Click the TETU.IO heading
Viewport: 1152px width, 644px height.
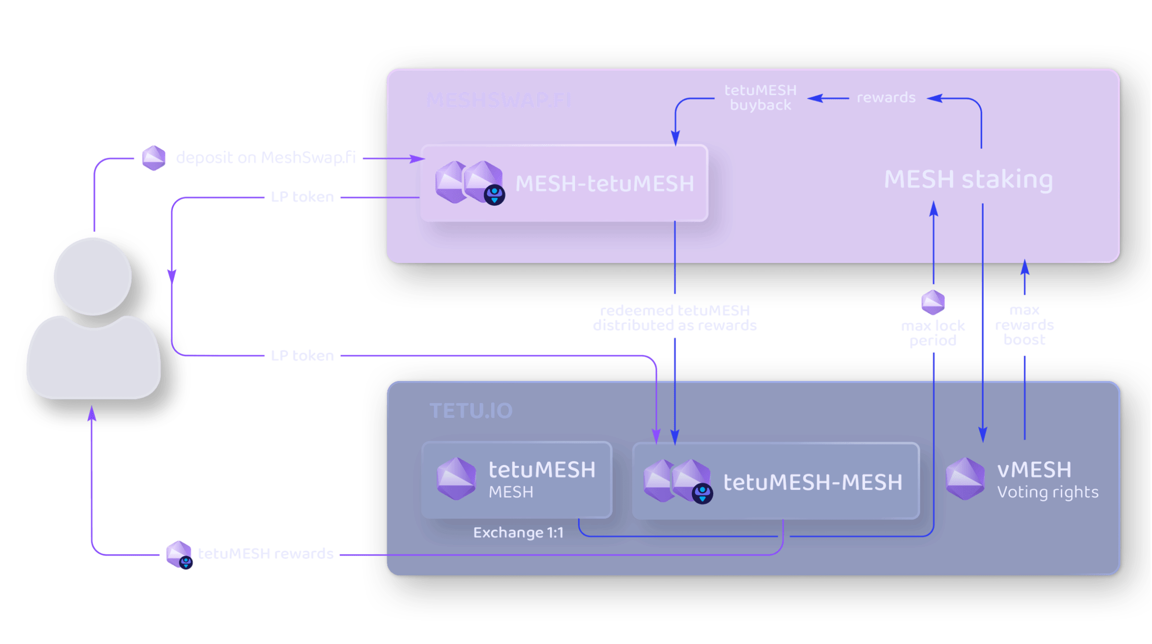coord(471,411)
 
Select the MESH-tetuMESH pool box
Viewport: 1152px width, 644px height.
coord(564,183)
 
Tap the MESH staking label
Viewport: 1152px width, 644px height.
coord(968,180)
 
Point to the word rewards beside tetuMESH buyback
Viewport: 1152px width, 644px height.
coord(886,98)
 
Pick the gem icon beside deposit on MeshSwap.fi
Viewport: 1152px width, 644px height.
coord(154,158)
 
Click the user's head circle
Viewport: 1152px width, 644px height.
coord(93,276)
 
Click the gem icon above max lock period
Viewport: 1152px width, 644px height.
coord(932,302)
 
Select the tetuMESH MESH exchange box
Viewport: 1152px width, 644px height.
coord(516,480)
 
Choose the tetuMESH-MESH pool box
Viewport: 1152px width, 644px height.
coord(776,481)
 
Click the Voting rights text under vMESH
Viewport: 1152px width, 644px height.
coord(1048,492)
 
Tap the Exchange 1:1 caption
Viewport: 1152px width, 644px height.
coord(518,532)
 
